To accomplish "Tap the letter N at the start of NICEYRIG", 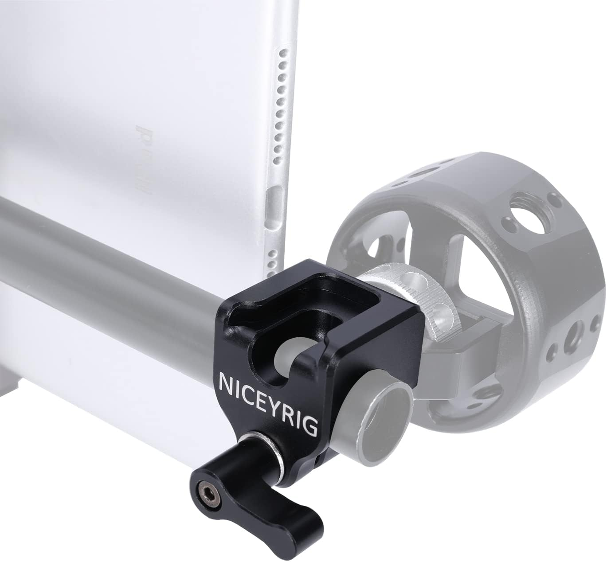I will click(225, 382).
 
